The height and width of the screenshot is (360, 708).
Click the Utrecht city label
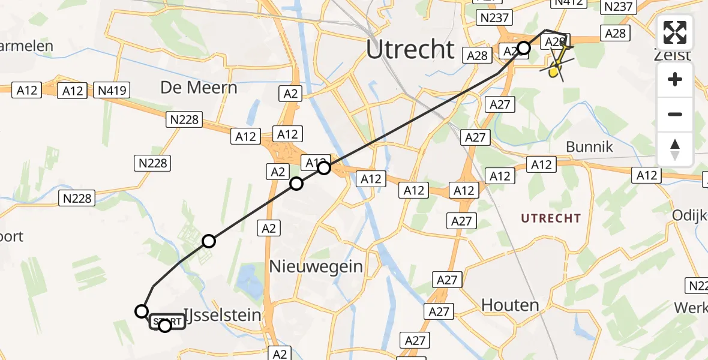pos(410,49)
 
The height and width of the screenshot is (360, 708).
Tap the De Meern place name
pos(199,88)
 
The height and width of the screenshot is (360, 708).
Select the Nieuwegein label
pos(316,266)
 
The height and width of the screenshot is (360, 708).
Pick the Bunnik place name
pos(589,147)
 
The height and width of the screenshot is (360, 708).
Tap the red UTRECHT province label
pos(551,218)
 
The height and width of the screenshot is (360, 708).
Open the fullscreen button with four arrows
pos(675,32)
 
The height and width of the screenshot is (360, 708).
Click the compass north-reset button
pos(675,149)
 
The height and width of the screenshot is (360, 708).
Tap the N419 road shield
pos(111,91)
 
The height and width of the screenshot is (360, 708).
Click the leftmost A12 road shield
pos(27,91)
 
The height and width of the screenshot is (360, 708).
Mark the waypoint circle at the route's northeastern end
pos(524,48)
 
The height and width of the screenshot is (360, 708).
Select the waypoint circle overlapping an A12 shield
pos(324,167)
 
